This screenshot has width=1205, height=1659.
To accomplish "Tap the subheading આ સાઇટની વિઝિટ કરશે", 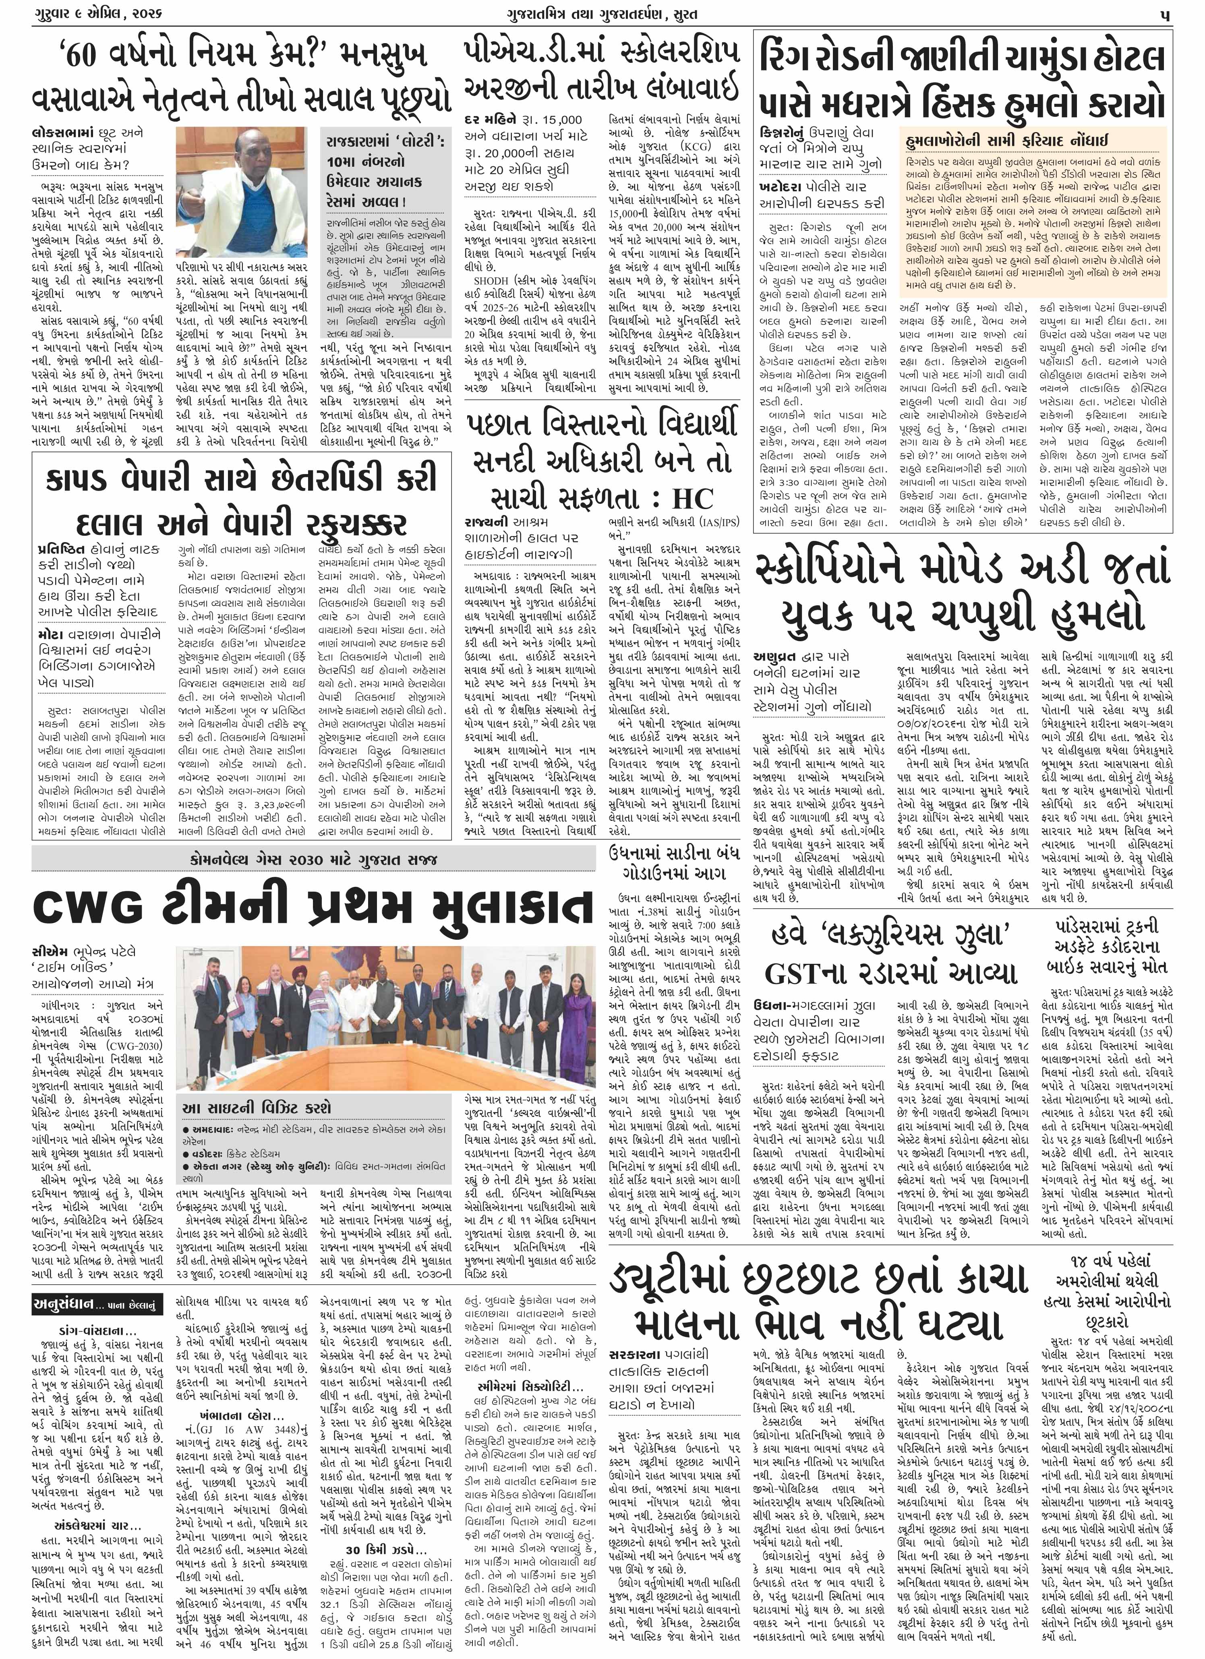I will pyautogui.click(x=257, y=1106).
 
